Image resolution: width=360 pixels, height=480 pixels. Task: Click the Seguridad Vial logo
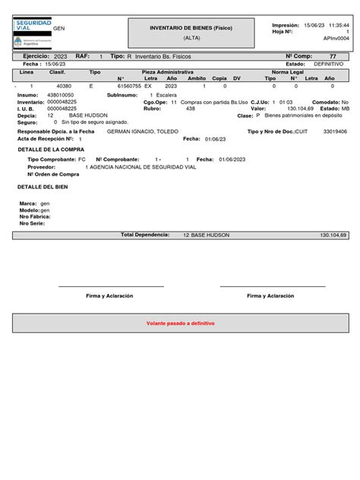[x=31, y=33]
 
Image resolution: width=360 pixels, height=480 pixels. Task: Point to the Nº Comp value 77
[x=332, y=56]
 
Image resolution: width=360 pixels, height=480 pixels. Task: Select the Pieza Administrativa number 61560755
[x=128, y=87]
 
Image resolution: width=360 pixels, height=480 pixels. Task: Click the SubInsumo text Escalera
[x=166, y=95]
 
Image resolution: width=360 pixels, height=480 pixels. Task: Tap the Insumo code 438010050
[x=61, y=95]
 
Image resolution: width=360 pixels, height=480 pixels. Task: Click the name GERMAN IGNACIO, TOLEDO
[x=143, y=131]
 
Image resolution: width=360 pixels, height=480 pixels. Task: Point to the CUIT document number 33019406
[x=335, y=131]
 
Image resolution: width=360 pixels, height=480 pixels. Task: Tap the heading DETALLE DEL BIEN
[x=43, y=186]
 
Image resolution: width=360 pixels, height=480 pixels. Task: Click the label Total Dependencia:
[x=145, y=235]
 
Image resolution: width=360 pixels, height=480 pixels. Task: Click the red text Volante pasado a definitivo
[x=180, y=323]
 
